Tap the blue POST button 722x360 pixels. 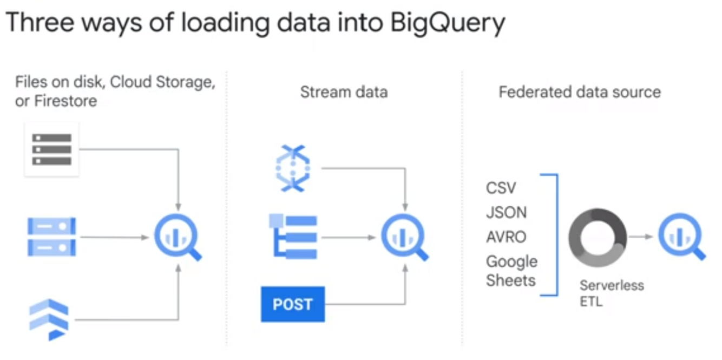point(293,304)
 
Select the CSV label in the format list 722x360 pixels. point(501,188)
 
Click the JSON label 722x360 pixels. point(506,212)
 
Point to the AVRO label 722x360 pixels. point(506,237)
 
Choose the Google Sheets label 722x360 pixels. point(511,271)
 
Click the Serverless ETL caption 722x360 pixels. point(612,293)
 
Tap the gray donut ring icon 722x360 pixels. point(598,238)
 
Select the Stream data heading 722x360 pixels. point(344,92)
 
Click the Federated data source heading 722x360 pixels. point(580,92)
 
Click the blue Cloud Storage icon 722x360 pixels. point(52,237)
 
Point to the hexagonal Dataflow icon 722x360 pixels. point(293,168)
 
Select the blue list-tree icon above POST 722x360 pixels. point(293,236)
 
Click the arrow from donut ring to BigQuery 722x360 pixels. point(642,237)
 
